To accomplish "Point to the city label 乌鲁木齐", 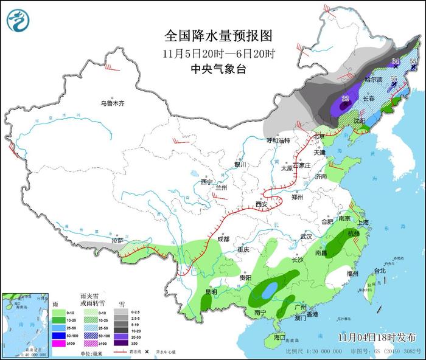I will click(112, 103).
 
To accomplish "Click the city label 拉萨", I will click(117, 241).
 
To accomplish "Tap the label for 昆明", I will click(211, 292).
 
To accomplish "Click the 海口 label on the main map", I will click(279, 337).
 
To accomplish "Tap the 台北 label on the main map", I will click(379, 271).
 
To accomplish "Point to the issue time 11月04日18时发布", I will click(377, 337).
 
